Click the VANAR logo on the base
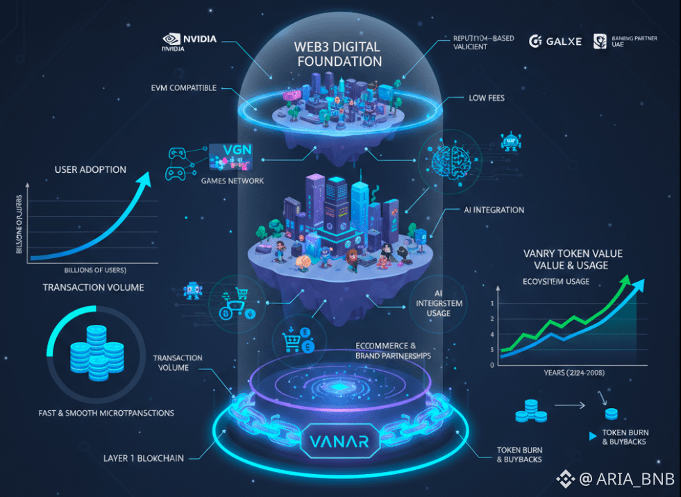pos(339,441)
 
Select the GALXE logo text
pos(555,42)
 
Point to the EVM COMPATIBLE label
pos(183,88)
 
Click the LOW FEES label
pos(487,99)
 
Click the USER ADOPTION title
pos(90,169)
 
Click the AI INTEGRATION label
pos(494,210)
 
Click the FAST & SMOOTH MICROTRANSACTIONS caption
pos(106,413)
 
